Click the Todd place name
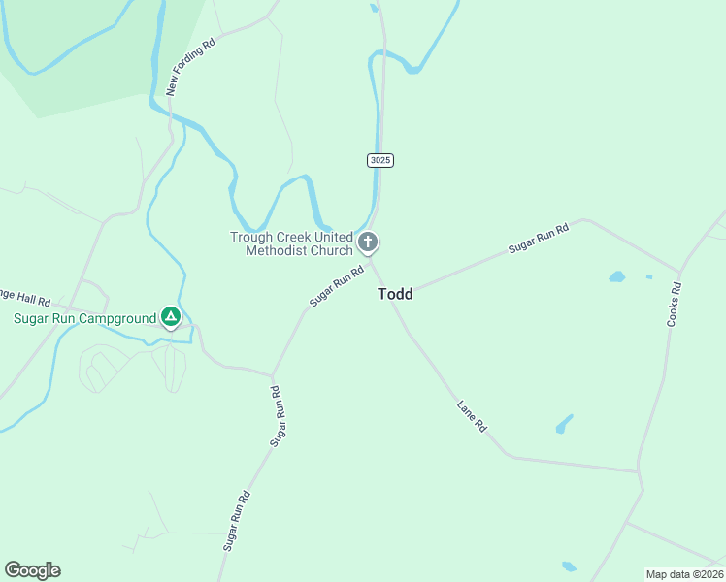(395, 294)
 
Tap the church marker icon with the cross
(368, 242)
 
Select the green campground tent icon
(170, 316)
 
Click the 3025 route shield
(380, 160)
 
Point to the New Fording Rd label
(189, 68)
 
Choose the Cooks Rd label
(674, 304)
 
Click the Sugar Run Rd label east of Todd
(538, 239)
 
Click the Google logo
(32, 570)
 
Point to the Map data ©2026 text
(684, 574)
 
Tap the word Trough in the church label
(251, 237)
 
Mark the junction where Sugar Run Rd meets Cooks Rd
(680, 274)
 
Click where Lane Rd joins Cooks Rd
(640, 472)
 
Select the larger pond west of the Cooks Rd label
(616, 276)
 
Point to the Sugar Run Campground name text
(84, 318)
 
